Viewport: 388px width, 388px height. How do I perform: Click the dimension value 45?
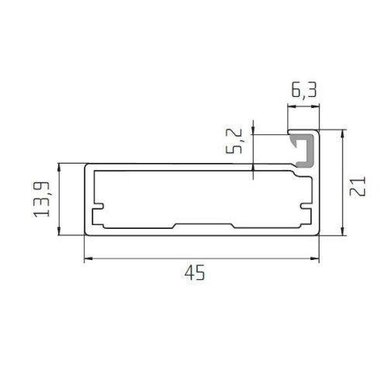click(195, 272)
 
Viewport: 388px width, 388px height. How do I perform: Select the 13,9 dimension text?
click(42, 199)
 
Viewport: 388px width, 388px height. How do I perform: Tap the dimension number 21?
click(358, 186)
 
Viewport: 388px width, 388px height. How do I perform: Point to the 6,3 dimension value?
click(304, 89)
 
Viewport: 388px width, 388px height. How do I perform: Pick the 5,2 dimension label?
click(234, 140)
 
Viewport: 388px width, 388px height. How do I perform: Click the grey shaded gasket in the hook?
click(305, 151)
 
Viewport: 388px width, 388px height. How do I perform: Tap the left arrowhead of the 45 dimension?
click(88, 258)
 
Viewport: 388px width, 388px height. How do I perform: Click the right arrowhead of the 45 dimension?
click(315, 258)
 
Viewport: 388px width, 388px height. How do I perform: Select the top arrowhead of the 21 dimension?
click(343, 134)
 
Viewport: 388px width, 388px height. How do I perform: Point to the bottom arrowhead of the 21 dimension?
click(343, 231)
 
